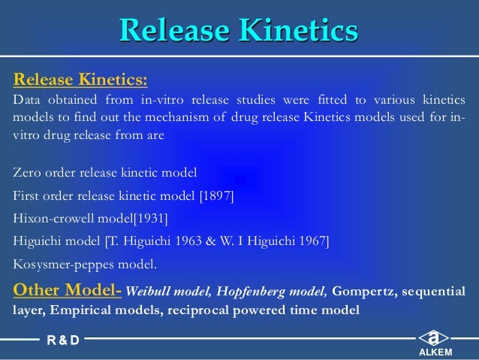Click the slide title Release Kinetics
(x=239, y=31)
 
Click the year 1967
(x=312, y=241)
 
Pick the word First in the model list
(x=27, y=196)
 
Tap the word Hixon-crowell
(x=50, y=219)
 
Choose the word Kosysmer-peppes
(x=59, y=264)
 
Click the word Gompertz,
(x=363, y=291)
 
